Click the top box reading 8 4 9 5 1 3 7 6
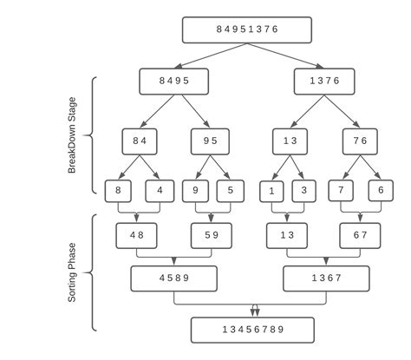click(x=246, y=29)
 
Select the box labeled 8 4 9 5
click(x=174, y=81)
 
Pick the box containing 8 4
click(x=140, y=141)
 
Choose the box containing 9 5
click(x=211, y=141)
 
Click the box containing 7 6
click(x=361, y=141)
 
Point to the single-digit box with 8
click(x=119, y=190)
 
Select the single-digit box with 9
click(x=195, y=190)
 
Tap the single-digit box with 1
click(x=271, y=191)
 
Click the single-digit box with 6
click(x=379, y=190)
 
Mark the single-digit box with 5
click(x=230, y=190)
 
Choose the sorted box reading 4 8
click(x=137, y=234)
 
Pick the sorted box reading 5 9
click(x=211, y=234)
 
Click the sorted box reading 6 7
click(x=361, y=234)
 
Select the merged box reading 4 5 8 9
click(x=173, y=278)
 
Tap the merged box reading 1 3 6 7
click(x=326, y=278)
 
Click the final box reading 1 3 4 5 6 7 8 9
click(x=251, y=331)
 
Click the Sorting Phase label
click(x=73, y=271)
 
